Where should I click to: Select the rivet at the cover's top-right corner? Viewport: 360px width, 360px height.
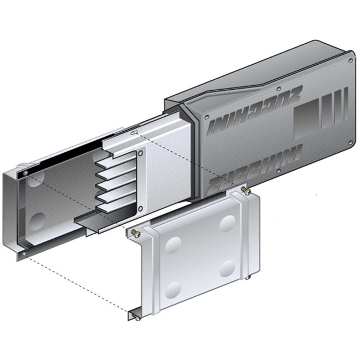[x=349, y=54]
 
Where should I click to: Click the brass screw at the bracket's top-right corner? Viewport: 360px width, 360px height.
[x=247, y=192]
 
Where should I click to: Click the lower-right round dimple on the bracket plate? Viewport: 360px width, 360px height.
[x=227, y=269]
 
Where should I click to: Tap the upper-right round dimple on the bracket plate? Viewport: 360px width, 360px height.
[x=227, y=223]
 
